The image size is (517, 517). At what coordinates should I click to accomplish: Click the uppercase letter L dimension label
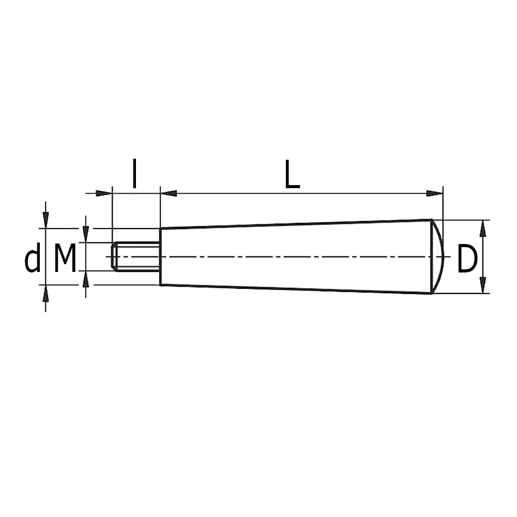pos(292,174)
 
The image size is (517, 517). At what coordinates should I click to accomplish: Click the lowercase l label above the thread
pos(134,173)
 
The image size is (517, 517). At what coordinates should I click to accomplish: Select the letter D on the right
pos(467,259)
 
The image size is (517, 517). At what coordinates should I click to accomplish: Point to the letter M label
pos(65,258)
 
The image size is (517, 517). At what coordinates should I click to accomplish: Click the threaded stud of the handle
pos(136,256)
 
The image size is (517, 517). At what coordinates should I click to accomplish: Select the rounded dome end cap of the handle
pos(438,256)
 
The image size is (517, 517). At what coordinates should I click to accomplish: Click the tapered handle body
pos(296,256)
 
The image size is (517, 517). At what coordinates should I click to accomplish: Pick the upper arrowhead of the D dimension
pos(483,228)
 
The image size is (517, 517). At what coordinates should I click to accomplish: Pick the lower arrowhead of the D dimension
pos(483,285)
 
